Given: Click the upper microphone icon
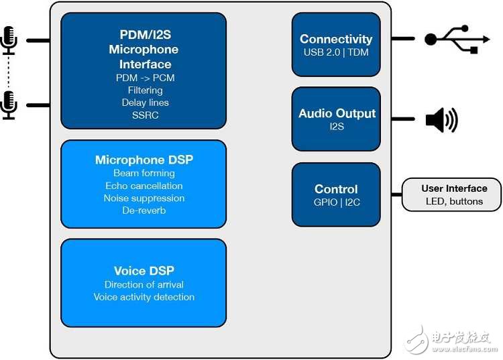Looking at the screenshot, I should (x=9, y=40).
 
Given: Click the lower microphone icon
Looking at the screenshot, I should (x=9, y=105).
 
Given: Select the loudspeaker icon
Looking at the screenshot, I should (x=441, y=121).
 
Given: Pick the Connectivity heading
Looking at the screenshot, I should (x=336, y=40).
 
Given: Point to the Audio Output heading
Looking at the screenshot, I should (x=337, y=113).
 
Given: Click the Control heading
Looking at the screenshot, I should (x=336, y=189).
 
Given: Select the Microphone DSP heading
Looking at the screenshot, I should (x=144, y=160).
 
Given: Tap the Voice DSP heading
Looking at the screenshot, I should (x=144, y=271).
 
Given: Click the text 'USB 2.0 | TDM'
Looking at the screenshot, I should (x=336, y=52).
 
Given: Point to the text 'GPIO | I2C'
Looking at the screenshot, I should (x=336, y=202).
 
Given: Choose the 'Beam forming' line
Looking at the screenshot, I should (x=144, y=173).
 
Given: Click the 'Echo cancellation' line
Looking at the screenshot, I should (x=144, y=186).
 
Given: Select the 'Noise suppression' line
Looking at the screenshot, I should (x=144, y=198).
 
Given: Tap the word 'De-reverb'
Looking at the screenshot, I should (x=144, y=211).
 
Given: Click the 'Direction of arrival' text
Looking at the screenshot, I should (x=144, y=284).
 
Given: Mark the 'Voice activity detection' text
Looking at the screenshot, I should (x=144, y=297).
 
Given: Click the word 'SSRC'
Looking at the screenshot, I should (x=145, y=115).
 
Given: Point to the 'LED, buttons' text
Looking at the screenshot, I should (x=454, y=201).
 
